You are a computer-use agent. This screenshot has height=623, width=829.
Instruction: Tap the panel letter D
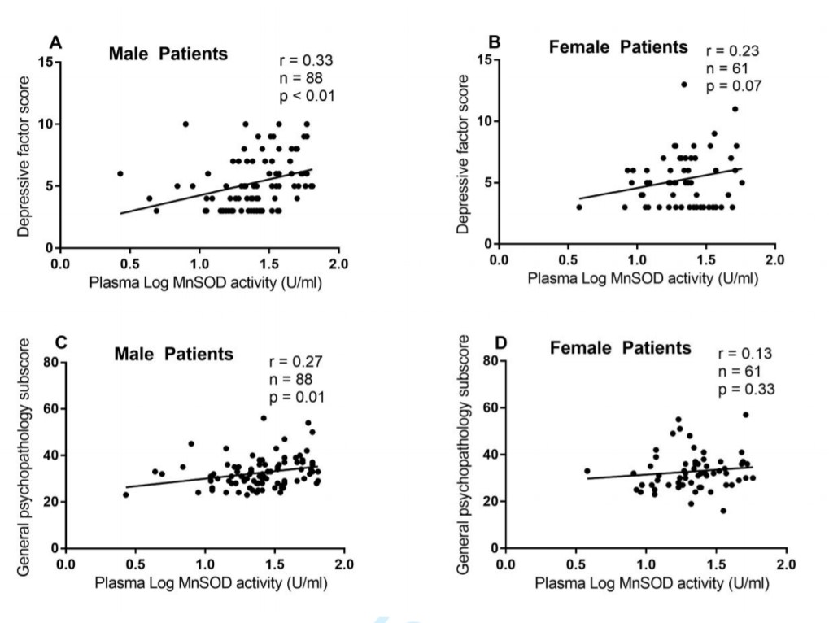(x=502, y=344)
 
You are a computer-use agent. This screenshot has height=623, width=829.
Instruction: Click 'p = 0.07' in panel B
(x=734, y=86)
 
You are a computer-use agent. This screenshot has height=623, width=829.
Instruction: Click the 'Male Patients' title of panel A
(x=169, y=54)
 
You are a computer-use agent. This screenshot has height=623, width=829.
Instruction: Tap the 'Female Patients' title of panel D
(x=621, y=349)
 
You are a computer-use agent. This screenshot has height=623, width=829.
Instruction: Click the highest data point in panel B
(x=684, y=85)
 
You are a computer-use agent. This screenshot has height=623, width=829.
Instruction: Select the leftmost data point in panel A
(x=120, y=173)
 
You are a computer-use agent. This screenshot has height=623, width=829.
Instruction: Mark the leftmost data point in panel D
(x=587, y=471)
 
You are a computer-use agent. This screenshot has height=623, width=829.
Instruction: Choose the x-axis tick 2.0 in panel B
(x=774, y=259)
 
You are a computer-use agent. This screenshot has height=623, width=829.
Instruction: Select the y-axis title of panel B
(x=464, y=155)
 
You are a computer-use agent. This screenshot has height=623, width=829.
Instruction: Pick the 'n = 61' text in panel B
(x=726, y=68)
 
